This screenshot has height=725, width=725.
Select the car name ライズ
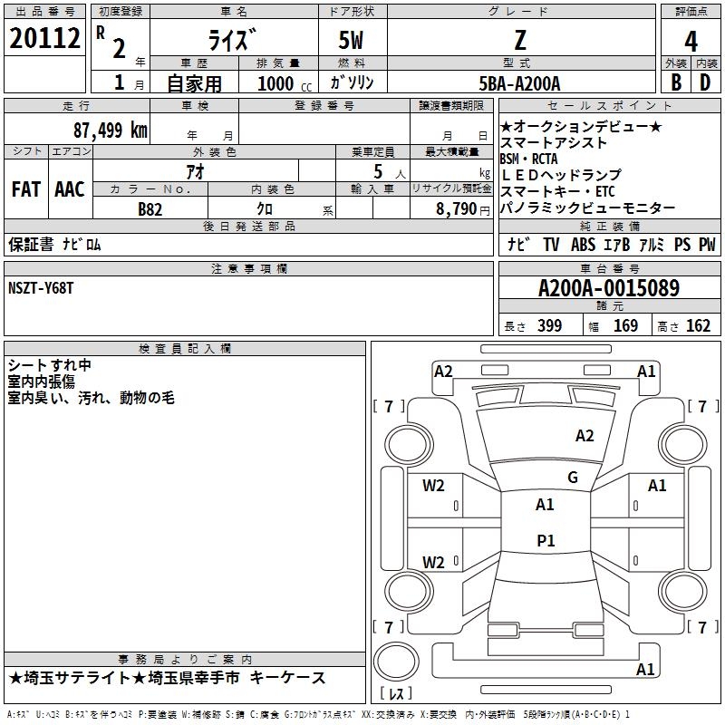[232, 40]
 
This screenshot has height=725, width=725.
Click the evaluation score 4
[691, 42]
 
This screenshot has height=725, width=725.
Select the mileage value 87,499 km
[110, 130]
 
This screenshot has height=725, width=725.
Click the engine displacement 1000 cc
[282, 84]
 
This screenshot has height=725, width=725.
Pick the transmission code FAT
[25, 189]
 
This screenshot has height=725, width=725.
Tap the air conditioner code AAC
[69, 189]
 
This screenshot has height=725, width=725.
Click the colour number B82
[150, 208]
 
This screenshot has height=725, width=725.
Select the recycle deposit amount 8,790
[456, 208]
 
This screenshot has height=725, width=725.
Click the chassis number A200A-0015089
[608, 288]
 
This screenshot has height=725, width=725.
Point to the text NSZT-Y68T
[41, 287]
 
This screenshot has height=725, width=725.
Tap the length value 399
[549, 325]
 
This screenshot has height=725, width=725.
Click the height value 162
[698, 325]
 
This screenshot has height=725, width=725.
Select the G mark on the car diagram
[572, 477]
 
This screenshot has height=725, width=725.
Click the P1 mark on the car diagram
[546, 541]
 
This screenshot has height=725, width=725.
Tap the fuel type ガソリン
[353, 83]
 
